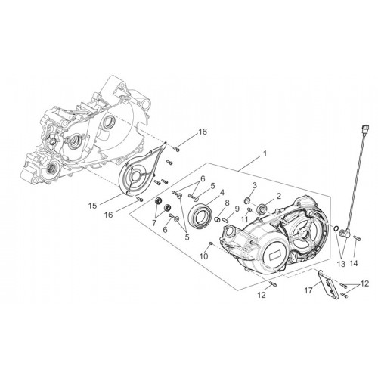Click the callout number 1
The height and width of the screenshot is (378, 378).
pyautogui.click(x=265, y=153)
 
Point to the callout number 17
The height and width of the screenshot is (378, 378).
pyautogui.click(x=308, y=290)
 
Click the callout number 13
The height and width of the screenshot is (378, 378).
pyautogui.click(x=342, y=264)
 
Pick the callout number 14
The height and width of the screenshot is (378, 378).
pyautogui.click(x=354, y=264)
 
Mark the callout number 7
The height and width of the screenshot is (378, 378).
pyautogui.click(x=154, y=222)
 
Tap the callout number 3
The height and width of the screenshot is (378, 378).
pyautogui.click(x=255, y=186)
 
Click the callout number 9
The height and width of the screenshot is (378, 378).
pyautogui.click(x=237, y=209)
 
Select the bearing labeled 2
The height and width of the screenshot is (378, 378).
pyautogui.click(x=261, y=209)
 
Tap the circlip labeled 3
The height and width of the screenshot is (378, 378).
pyautogui.click(x=247, y=200)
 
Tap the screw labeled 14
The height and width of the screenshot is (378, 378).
pyautogui.click(x=357, y=237)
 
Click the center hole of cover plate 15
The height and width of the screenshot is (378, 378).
pyautogui.click(x=137, y=175)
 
